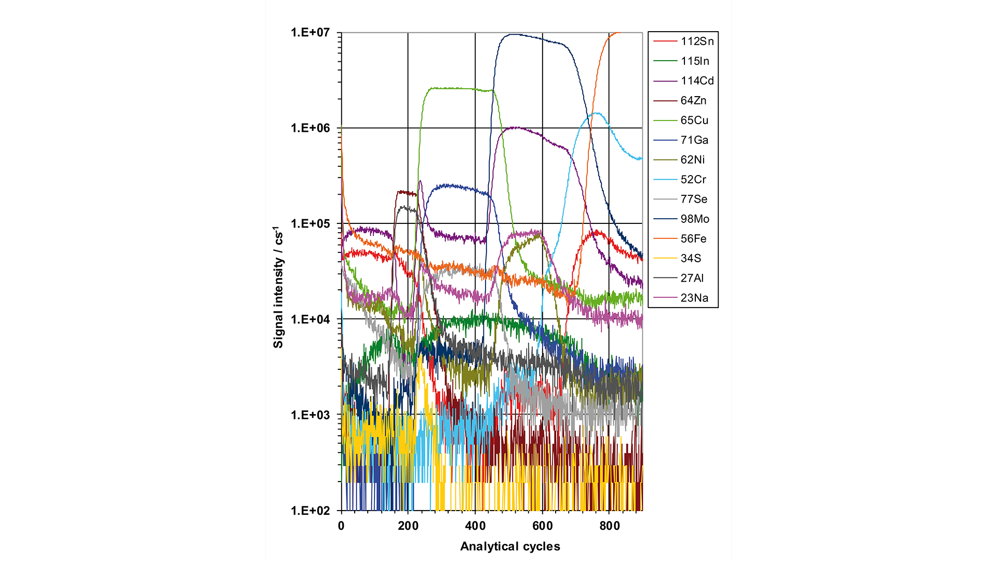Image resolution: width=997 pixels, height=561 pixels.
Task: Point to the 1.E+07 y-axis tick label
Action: [x=310, y=33]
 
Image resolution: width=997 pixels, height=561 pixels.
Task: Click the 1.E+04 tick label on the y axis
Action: [x=310, y=319]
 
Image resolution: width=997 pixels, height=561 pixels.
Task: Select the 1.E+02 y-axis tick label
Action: [x=310, y=511]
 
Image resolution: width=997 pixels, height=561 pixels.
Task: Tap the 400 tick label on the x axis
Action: [x=475, y=526]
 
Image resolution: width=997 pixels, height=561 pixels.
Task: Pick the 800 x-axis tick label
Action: [x=610, y=526]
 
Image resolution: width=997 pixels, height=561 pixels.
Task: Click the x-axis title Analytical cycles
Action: [x=510, y=546]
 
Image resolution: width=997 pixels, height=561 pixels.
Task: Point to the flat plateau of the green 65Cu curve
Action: [x=452, y=88]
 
